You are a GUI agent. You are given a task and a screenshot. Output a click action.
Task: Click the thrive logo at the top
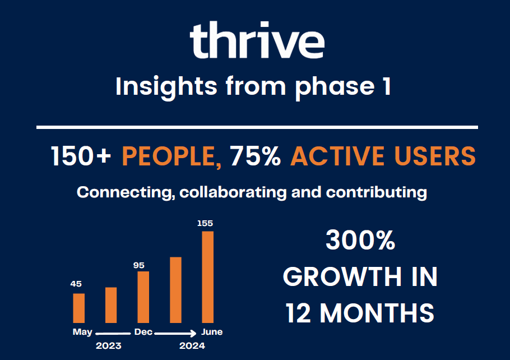pos(257,40)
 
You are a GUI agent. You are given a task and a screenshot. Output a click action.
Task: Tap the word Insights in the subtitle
pos(166,86)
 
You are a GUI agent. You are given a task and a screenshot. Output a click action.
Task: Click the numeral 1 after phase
pos(387,86)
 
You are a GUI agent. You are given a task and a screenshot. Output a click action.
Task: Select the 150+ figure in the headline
pos(81,156)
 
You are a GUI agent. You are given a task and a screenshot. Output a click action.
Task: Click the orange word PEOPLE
pos(171,156)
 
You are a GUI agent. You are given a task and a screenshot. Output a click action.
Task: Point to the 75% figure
pos(256,156)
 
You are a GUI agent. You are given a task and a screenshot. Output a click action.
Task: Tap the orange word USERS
pos(435,156)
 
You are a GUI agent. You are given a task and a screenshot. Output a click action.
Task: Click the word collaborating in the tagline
pos(233,192)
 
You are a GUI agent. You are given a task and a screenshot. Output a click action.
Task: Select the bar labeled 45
pos(78,308)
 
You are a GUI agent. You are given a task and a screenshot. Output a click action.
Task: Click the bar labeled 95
pos(143,297)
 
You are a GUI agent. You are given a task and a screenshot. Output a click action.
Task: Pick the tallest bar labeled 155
pos(208,277)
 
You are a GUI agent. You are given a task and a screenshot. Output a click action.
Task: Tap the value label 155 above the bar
pos(205,223)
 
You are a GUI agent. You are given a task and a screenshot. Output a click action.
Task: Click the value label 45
pos(76,284)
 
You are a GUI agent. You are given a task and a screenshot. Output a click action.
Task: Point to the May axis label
pos(82,332)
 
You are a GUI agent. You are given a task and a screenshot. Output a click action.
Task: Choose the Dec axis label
pos(143,332)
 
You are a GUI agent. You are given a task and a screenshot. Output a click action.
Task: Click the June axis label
pos(212,332)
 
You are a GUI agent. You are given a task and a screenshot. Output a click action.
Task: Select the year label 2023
pos(109,345)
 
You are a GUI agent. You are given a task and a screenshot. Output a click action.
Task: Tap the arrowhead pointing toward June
pos(193,333)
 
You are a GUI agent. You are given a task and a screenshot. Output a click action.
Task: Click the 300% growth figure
pos(360,240)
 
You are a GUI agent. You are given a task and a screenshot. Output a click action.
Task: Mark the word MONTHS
pos(377,313)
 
